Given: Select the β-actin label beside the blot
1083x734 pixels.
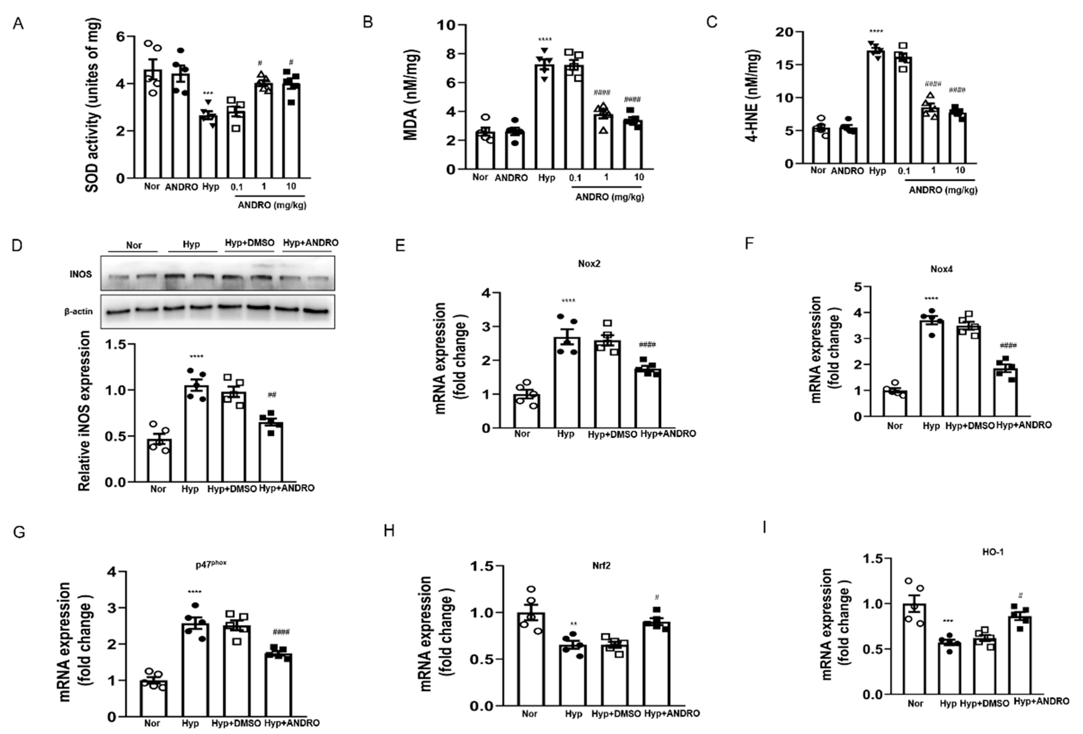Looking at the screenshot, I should (x=78, y=311).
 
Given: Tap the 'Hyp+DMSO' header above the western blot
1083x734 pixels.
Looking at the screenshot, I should (x=249, y=242).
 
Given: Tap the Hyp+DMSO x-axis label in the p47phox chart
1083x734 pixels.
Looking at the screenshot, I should (x=236, y=723).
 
